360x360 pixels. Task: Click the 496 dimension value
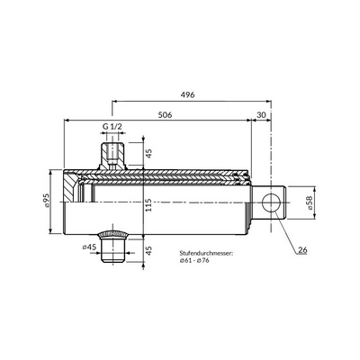[187, 94]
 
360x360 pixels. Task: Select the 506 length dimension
[165, 114]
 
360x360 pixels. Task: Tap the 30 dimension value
[262, 114]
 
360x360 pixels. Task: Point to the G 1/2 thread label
[112, 126]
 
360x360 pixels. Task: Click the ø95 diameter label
[47, 201]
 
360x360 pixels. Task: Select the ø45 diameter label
[89, 247]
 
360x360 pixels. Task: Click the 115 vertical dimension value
[148, 205]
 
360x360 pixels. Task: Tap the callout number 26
[302, 250]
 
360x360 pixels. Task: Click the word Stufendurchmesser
[206, 254]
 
